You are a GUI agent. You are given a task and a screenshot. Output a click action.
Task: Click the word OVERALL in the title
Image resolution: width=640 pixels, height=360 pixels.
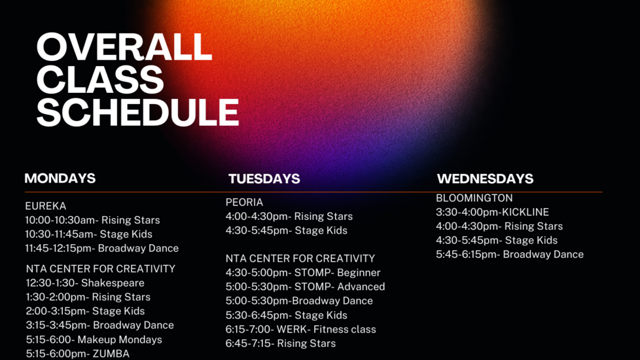point(124,47)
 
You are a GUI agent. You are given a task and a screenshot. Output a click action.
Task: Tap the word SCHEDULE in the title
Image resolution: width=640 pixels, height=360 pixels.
point(138,112)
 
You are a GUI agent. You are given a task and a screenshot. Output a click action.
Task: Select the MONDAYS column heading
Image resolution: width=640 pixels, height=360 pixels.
point(60,179)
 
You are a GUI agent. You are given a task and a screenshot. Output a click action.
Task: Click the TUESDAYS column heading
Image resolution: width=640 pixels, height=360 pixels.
point(264,179)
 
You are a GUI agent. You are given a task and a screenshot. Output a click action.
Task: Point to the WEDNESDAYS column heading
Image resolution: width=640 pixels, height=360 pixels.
point(486,179)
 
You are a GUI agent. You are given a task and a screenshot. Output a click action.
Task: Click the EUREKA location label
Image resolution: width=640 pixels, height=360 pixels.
point(45,206)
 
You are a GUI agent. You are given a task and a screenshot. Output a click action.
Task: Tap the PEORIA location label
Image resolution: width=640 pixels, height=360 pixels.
point(245,202)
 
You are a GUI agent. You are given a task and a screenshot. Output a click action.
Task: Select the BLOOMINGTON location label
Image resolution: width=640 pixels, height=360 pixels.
point(474,198)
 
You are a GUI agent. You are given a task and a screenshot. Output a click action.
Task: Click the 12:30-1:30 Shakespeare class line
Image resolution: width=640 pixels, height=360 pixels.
point(85,283)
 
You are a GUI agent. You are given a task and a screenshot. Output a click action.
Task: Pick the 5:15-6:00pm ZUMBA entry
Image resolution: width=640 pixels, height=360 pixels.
point(78,353)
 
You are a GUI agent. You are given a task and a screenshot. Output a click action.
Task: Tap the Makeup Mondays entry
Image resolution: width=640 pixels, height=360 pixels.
point(94,340)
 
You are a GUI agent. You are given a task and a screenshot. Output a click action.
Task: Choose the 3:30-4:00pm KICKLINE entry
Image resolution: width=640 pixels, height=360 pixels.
point(492,212)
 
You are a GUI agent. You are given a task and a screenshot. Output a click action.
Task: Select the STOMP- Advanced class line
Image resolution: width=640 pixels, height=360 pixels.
point(306,287)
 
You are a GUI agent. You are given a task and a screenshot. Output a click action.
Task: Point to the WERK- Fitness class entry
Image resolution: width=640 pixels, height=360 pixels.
point(301,329)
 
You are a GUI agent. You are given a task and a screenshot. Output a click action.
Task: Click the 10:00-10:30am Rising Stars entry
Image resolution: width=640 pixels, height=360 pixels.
point(92,221)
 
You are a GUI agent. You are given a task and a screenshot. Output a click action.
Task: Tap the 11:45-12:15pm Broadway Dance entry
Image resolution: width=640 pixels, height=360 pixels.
point(101,249)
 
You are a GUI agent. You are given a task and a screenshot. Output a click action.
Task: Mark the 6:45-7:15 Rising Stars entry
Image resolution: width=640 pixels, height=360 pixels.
point(281,344)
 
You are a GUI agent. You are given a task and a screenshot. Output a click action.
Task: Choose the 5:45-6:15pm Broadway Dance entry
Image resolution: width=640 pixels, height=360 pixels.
point(510,255)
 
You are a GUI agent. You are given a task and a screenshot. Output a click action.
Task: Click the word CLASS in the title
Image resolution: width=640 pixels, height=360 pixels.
point(100,80)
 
